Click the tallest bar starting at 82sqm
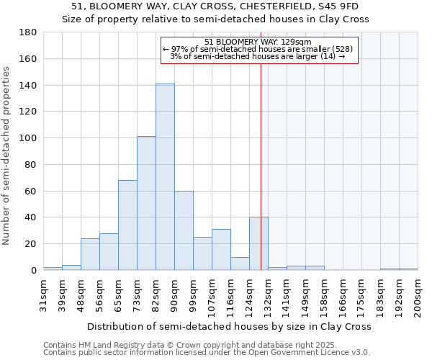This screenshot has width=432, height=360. (x=165, y=177)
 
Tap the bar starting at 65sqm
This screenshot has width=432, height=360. (x=127, y=225)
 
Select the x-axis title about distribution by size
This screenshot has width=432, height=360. (x=230, y=326)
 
